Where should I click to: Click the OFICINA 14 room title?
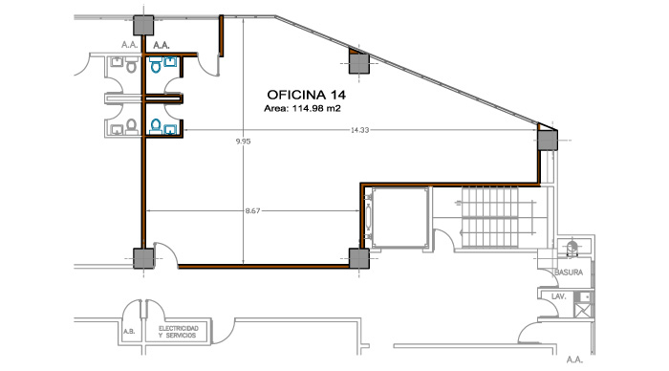306,95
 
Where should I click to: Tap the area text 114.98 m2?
316,108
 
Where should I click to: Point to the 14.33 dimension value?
359,130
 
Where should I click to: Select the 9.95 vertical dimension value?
243,142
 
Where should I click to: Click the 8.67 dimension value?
252,210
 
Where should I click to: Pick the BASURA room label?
569,272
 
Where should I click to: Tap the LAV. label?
558,295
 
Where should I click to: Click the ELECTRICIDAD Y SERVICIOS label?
179,332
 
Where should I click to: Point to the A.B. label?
129,331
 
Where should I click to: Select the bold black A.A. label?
162,45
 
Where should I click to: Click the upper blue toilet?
156,65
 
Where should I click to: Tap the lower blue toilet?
156,126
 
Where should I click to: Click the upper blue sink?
170,63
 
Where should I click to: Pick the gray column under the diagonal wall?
358,64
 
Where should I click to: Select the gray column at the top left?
143,25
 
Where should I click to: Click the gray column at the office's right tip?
547,140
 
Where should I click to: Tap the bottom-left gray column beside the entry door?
143,258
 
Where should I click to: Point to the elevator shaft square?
399,217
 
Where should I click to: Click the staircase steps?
489,217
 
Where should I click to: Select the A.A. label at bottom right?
574,360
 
